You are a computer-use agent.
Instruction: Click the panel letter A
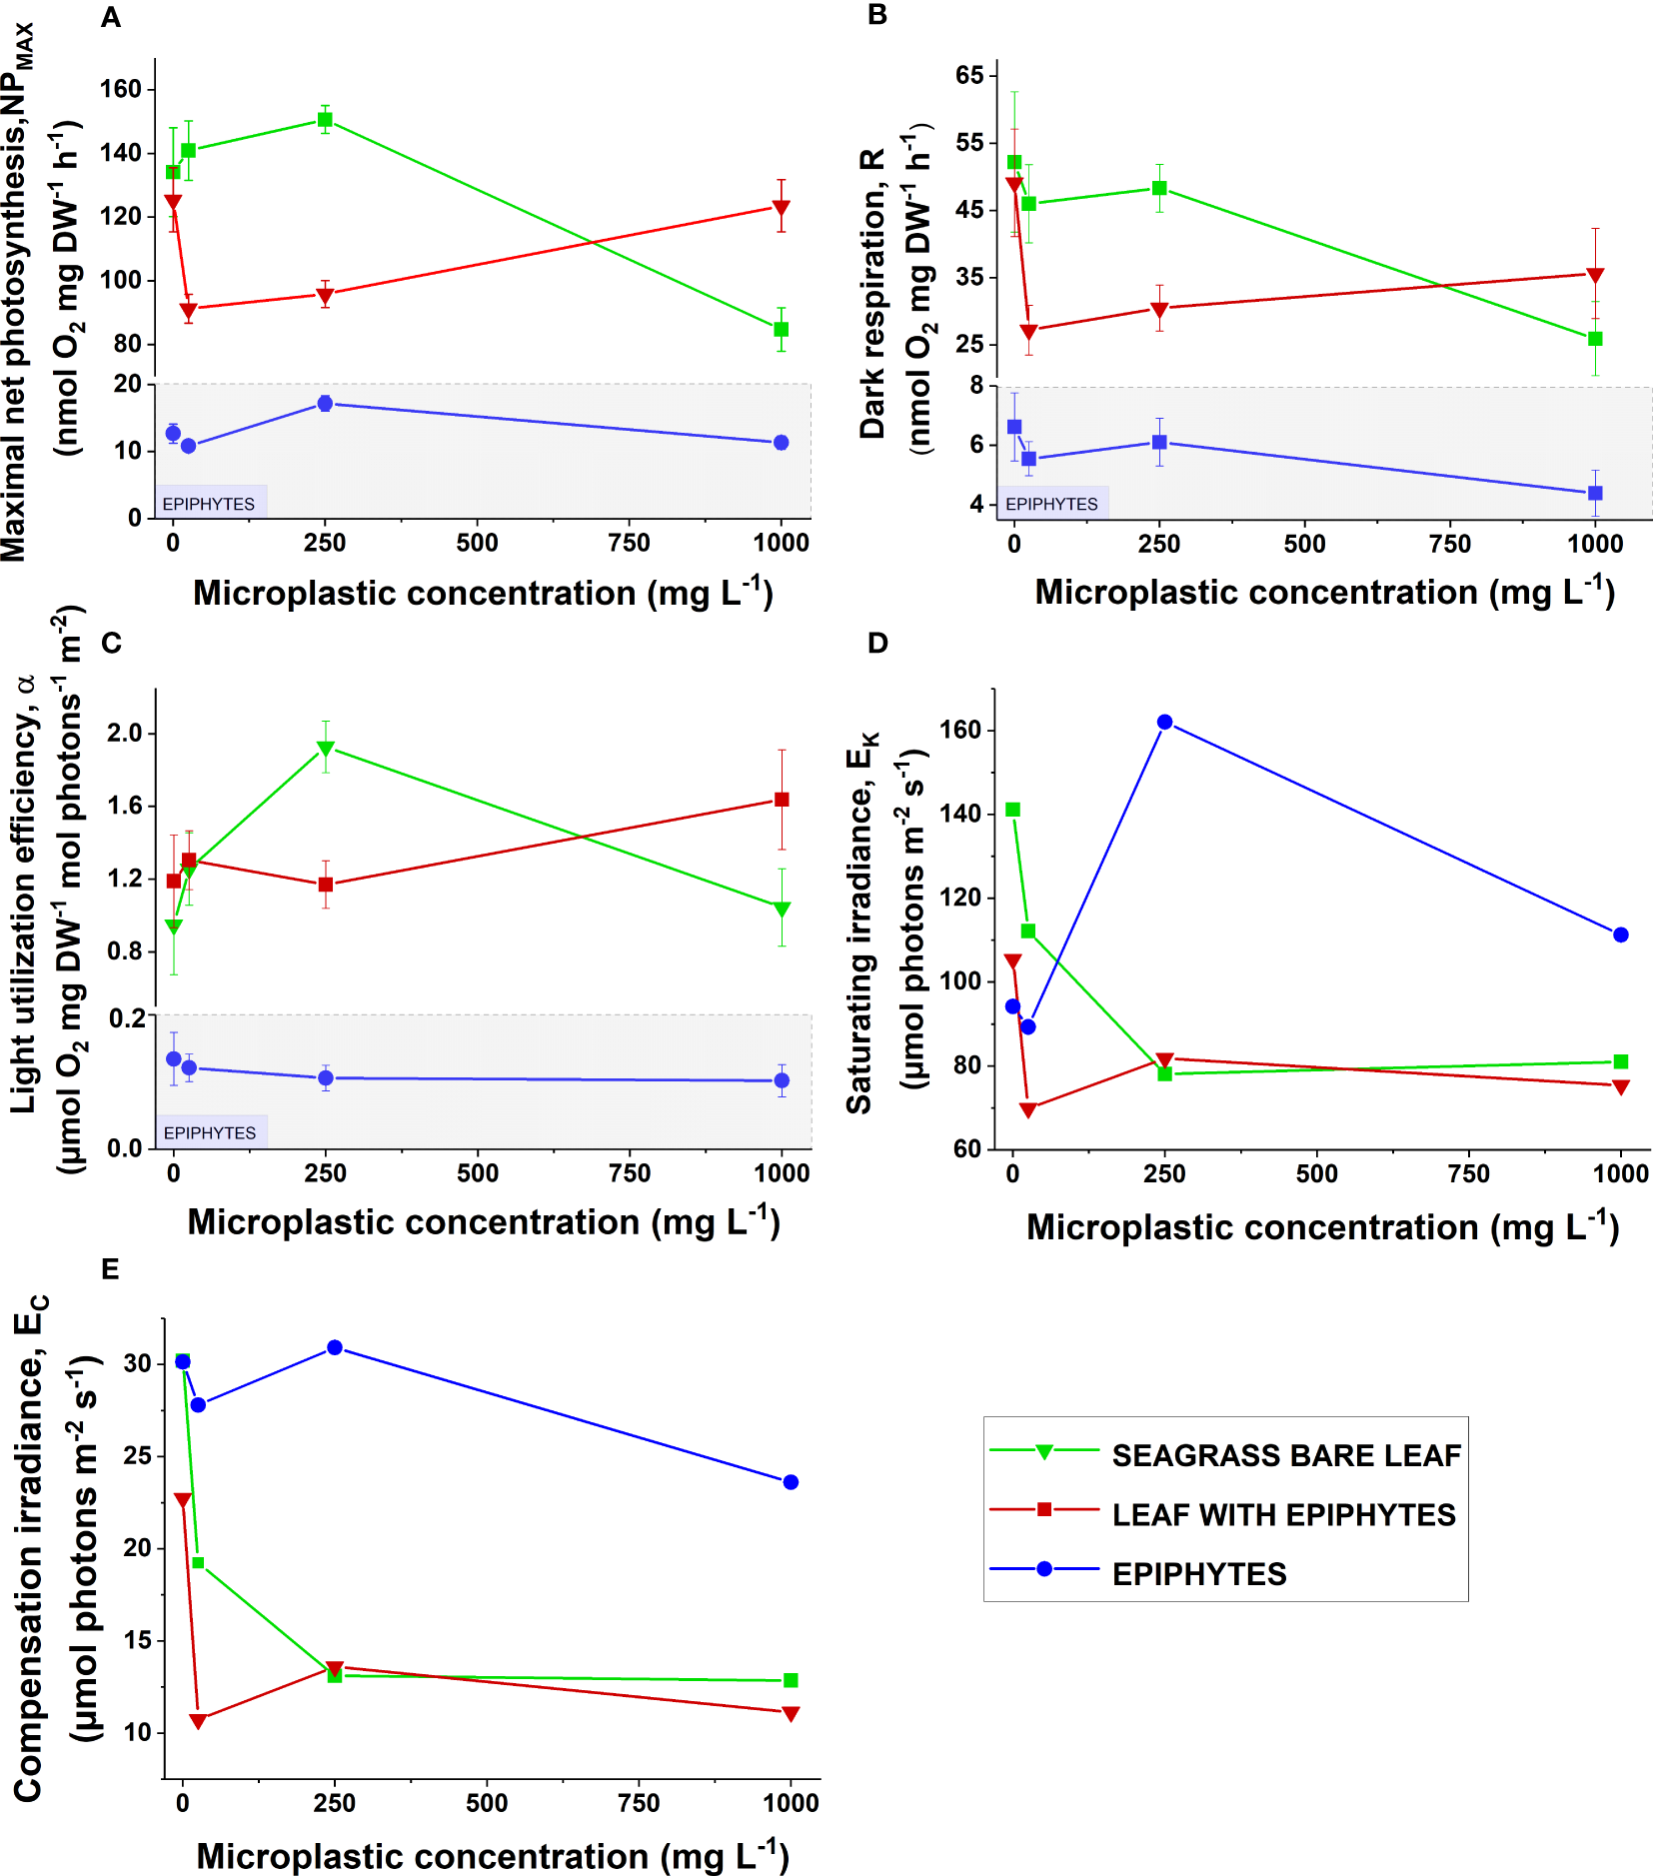click(111, 18)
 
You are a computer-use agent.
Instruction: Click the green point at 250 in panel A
click(325, 120)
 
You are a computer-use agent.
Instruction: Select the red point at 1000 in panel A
click(782, 208)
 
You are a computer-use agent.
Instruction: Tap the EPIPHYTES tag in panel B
click(1051, 504)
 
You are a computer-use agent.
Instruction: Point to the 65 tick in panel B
click(969, 75)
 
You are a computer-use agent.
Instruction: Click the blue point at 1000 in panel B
click(1595, 493)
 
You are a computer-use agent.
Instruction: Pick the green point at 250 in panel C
click(325, 748)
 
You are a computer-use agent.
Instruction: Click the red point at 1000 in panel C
click(782, 800)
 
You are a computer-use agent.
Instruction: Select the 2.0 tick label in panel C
click(125, 733)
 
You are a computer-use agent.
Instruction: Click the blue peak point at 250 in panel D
click(1164, 722)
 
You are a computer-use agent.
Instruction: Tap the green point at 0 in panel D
click(1012, 810)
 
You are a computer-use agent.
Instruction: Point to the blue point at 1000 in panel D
click(1621, 935)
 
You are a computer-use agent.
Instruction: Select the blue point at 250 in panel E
click(335, 1347)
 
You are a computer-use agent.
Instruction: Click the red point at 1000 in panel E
click(791, 1714)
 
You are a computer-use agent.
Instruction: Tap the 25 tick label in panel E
click(137, 1455)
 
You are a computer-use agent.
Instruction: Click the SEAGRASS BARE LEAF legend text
click(1286, 1455)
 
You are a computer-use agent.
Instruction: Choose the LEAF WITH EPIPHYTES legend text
click(1283, 1514)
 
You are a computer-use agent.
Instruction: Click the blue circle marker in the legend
click(1044, 1568)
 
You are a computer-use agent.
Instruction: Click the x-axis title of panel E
click(493, 1855)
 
